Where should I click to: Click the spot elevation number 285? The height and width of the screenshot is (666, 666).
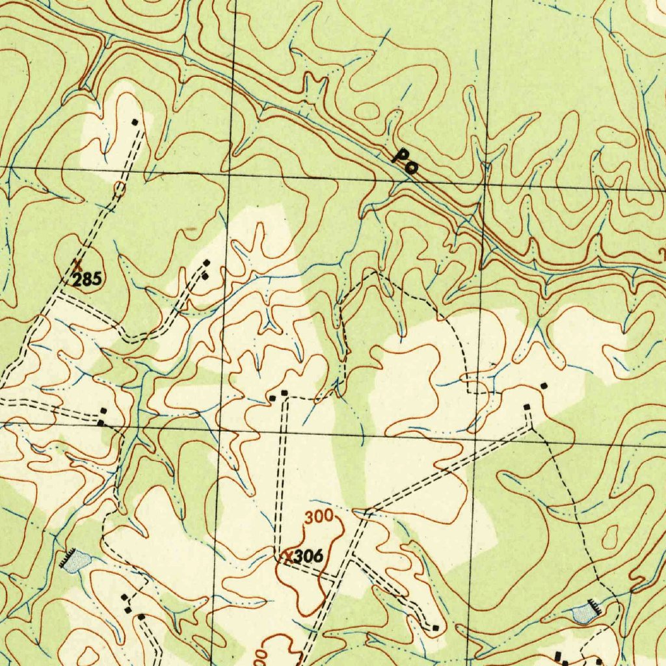tap(87, 280)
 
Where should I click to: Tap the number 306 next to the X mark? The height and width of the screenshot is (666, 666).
tap(308, 557)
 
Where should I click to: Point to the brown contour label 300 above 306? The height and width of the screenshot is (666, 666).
tap(319, 518)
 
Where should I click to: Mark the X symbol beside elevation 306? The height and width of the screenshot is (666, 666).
tap(287, 556)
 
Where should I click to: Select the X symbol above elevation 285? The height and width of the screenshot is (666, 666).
tap(77, 265)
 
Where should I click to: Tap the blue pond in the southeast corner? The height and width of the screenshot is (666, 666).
tap(583, 613)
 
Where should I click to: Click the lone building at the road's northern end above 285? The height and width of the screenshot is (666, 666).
tap(135, 122)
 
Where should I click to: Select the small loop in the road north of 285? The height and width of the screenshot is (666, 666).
tap(119, 189)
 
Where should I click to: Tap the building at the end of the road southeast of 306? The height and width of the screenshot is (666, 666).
tap(435, 628)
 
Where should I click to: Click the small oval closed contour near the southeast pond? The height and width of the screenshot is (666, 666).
tap(610, 537)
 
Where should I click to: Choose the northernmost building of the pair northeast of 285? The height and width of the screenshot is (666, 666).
tap(207, 263)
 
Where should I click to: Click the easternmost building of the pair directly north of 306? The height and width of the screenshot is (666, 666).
tap(284, 393)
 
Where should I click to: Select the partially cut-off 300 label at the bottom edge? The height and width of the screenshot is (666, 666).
tap(260, 657)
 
